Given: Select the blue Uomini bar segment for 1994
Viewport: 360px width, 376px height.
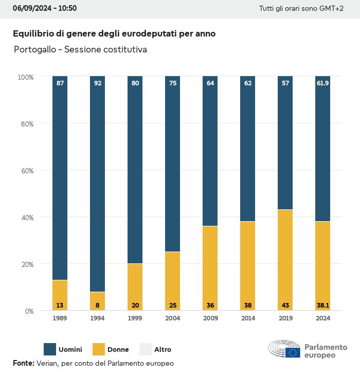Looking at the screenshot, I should click(97, 185).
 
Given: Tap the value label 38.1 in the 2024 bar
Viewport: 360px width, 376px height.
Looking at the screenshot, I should click(323, 306).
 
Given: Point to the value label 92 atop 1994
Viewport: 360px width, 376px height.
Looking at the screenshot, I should click(97, 83).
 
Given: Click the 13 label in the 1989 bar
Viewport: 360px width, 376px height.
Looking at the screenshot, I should click(60, 306).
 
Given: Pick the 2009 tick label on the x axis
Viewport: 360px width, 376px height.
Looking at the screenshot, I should click(210, 318).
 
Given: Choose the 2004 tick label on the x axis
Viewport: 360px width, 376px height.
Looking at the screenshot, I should click(172, 318).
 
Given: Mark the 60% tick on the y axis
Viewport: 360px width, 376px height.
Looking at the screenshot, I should click(26, 170).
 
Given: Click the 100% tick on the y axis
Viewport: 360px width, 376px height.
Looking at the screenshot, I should click(25, 77).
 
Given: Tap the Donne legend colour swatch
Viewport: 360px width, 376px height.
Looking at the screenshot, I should click(97, 349).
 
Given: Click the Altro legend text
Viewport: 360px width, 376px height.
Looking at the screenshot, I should click(163, 350).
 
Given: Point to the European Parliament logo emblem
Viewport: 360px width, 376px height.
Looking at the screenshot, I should click(284, 349).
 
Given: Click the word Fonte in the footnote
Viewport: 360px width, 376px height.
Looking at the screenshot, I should click(23, 363).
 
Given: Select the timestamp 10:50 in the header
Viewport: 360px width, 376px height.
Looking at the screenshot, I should click(67, 8).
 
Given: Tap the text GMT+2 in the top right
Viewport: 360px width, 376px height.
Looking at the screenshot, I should click(332, 9).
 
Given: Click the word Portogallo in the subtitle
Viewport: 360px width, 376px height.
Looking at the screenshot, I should click(34, 50).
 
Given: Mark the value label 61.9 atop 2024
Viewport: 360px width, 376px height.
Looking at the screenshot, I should click(323, 83).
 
